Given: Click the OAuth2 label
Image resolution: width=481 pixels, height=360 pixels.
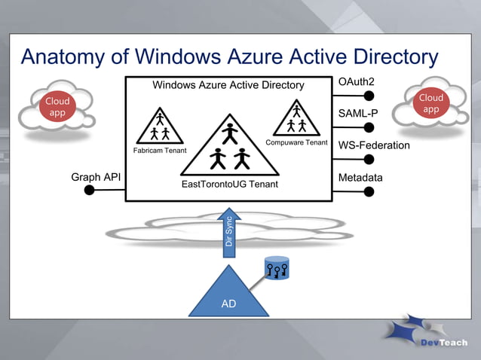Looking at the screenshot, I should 357,81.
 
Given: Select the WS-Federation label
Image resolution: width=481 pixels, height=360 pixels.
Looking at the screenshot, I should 374,145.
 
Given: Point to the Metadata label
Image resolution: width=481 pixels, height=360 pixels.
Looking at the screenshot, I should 360,178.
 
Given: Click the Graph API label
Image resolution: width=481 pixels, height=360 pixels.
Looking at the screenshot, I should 96,178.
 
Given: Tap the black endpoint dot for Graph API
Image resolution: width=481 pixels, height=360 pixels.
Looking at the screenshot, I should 90,191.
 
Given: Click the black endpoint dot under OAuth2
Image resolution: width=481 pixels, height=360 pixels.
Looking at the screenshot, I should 369,96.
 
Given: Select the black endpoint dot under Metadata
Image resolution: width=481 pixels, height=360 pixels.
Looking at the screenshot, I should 369,191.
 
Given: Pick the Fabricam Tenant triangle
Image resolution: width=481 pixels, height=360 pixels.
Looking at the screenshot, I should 160,128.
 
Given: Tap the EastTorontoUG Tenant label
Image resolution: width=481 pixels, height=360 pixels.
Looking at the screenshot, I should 230,185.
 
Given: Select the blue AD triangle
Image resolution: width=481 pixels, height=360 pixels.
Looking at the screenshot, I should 228,296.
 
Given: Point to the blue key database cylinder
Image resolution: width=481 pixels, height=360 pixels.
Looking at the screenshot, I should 277,268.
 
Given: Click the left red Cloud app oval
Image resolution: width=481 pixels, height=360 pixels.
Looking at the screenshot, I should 57,107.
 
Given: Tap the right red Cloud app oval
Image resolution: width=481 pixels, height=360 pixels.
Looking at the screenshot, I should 430,104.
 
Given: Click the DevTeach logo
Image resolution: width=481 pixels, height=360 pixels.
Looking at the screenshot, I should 425,335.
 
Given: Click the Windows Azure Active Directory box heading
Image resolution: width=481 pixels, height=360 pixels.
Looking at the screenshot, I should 228,85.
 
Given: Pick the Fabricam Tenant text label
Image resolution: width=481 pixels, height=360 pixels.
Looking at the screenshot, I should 160,151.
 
